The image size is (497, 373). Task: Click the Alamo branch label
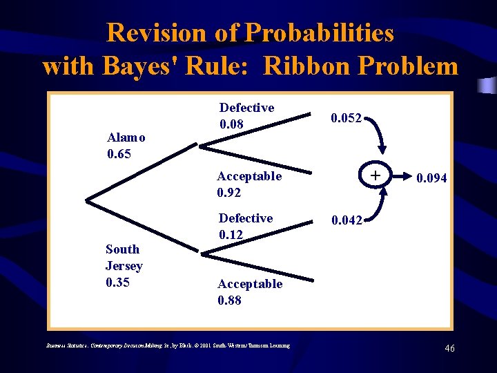click(126, 137)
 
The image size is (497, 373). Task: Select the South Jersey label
click(124, 257)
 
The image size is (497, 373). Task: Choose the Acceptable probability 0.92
click(230, 193)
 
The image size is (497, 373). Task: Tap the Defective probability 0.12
click(231, 235)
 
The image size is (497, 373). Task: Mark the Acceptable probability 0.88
click(231, 300)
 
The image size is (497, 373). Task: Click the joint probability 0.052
click(346, 118)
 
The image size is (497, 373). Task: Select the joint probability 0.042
click(346, 221)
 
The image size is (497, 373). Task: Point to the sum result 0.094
click(431, 178)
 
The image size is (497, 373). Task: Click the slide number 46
click(449, 349)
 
